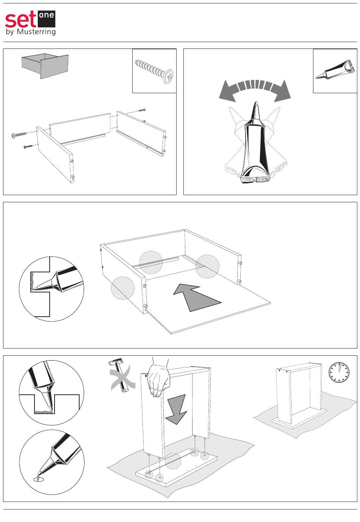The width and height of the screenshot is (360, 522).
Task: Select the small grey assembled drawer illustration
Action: [x=45, y=66]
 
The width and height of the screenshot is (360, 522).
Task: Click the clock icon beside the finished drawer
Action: [x=339, y=372]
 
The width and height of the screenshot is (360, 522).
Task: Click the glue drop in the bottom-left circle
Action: [x=39, y=479]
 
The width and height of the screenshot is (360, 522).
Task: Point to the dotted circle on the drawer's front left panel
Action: [x=122, y=288]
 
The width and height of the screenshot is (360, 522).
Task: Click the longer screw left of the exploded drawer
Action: [x=20, y=134]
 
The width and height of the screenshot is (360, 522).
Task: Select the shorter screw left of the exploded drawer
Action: [x=29, y=146]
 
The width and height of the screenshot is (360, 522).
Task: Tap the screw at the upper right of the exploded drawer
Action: [x=142, y=110]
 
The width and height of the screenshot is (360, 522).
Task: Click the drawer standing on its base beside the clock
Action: [x=299, y=394]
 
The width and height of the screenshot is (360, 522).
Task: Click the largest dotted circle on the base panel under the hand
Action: [x=173, y=461]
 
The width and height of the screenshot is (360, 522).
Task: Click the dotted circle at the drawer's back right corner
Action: [x=207, y=266]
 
